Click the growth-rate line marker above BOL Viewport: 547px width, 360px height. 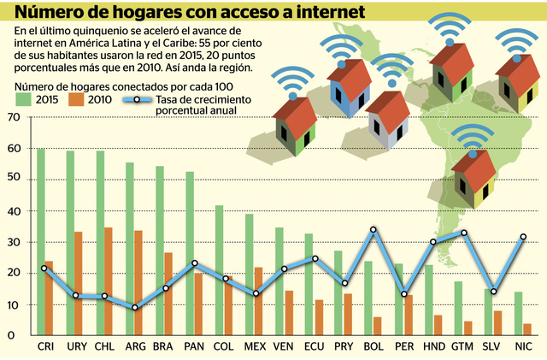pos(373,230)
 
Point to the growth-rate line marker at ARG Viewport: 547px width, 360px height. pos(134,308)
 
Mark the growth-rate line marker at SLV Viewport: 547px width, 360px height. pos(493,292)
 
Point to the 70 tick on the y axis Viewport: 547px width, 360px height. pos(12,118)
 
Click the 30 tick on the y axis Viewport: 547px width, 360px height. pos(12,242)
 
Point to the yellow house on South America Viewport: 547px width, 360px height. pos(475,175)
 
